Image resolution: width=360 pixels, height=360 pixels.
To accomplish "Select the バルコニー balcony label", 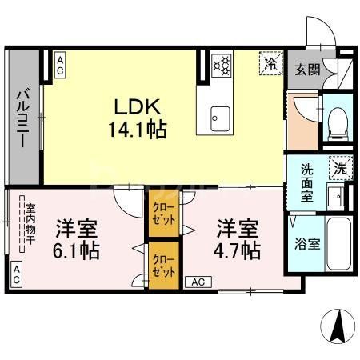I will coord(22,117).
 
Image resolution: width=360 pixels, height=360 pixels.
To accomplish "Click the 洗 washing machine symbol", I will coord(341,169).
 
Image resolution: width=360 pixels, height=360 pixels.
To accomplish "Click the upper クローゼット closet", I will coord(162,212).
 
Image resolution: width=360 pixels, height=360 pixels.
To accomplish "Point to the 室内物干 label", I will coord(30,227).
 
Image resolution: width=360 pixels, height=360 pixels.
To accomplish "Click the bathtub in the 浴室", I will coord(339,243).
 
